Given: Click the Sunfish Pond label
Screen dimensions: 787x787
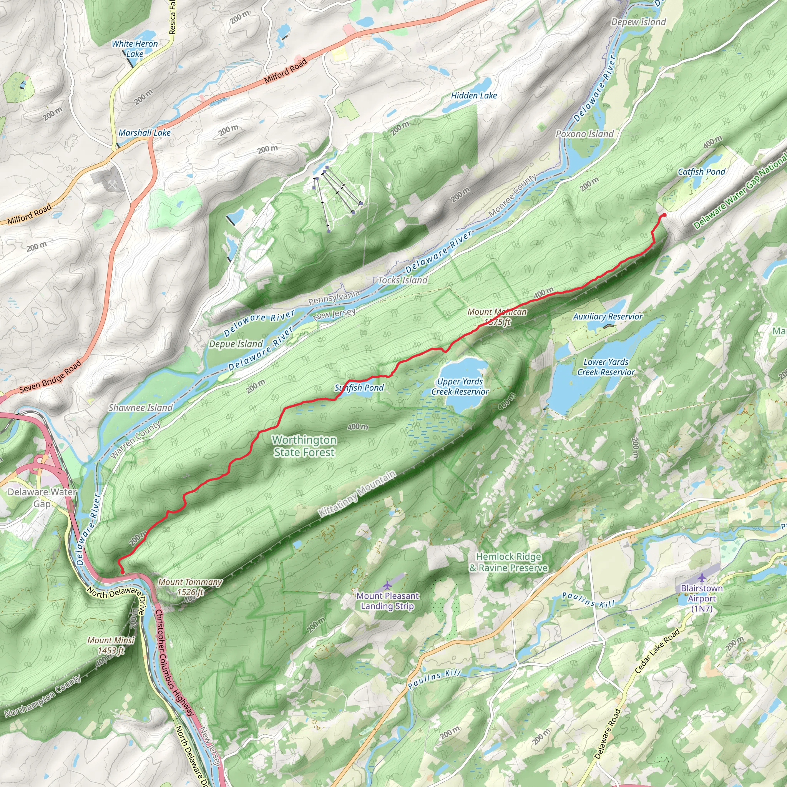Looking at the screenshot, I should click(x=359, y=387).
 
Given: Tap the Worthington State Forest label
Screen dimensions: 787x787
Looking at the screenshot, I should click(x=304, y=446).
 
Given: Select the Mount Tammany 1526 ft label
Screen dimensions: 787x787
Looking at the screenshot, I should click(x=190, y=587).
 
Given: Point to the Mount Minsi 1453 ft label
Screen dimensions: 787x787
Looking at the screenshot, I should click(x=110, y=645).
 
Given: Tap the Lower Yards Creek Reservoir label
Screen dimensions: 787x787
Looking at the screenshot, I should click(x=606, y=367).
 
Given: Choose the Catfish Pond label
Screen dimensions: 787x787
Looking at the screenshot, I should click(x=701, y=171).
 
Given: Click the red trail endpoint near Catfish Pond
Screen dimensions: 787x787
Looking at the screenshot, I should click(x=664, y=215).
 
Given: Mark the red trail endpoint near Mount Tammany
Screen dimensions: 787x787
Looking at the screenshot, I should click(x=123, y=572).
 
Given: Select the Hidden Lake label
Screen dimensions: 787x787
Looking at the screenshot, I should click(x=474, y=95).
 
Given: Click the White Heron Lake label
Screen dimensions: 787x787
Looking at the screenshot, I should click(x=135, y=48).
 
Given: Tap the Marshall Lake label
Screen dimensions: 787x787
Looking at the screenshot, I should click(x=144, y=133).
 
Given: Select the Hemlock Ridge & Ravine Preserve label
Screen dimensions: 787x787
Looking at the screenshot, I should click(x=508, y=562).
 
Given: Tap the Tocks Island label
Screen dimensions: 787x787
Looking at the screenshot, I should click(x=402, y=280).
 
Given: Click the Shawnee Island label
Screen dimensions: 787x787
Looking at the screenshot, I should click(x=140, y=407).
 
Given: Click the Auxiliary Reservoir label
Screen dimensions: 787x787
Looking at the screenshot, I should click(x=608, y=316).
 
